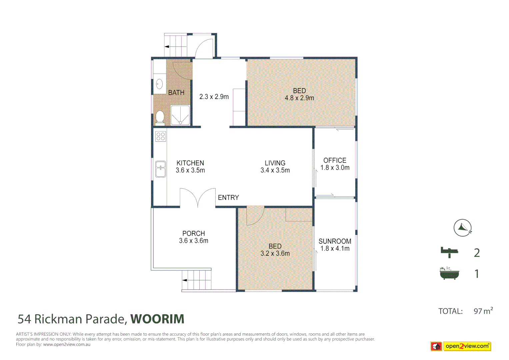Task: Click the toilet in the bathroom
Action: pyautogui.click(x=160, y=117)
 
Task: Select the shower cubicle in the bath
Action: pyautogui.click(x=180, y=115)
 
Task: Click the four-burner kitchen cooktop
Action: pyautogui.click(x=161, y=136)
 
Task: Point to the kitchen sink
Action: pyautogui.click(x=161, y=169)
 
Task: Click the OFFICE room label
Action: pyautogui.click(x=335, y=160)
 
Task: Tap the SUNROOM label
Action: pyautogui.click(x=335, y=241)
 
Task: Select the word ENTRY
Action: pyautogui.click(x=228, y=198)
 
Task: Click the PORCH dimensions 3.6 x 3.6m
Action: pyautogui.click(x=194, y=241)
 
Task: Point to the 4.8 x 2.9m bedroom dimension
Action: pyautogui.click(x=299, y=98)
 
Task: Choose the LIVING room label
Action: pyautogui.click(x=275, y=163)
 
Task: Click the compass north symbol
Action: pyautogui.click(x=462, y=228)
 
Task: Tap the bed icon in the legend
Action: pyautogui.click(x=449, y=252)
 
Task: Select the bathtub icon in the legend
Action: pyautogui.click(x=449, y=273)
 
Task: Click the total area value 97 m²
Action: pyautogui.click(x=483, y=311)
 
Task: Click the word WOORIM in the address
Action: pyautogui.click(x=157, y=319)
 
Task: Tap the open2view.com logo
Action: pyautogui.click(x=461, y=346)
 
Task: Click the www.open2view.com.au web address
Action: pyautogui.click(x=67, y=344)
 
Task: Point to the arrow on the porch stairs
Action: pyautogui.click(x=184, y=280)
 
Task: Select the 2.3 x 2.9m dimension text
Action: pyautogui.click(x=214, y=97)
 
